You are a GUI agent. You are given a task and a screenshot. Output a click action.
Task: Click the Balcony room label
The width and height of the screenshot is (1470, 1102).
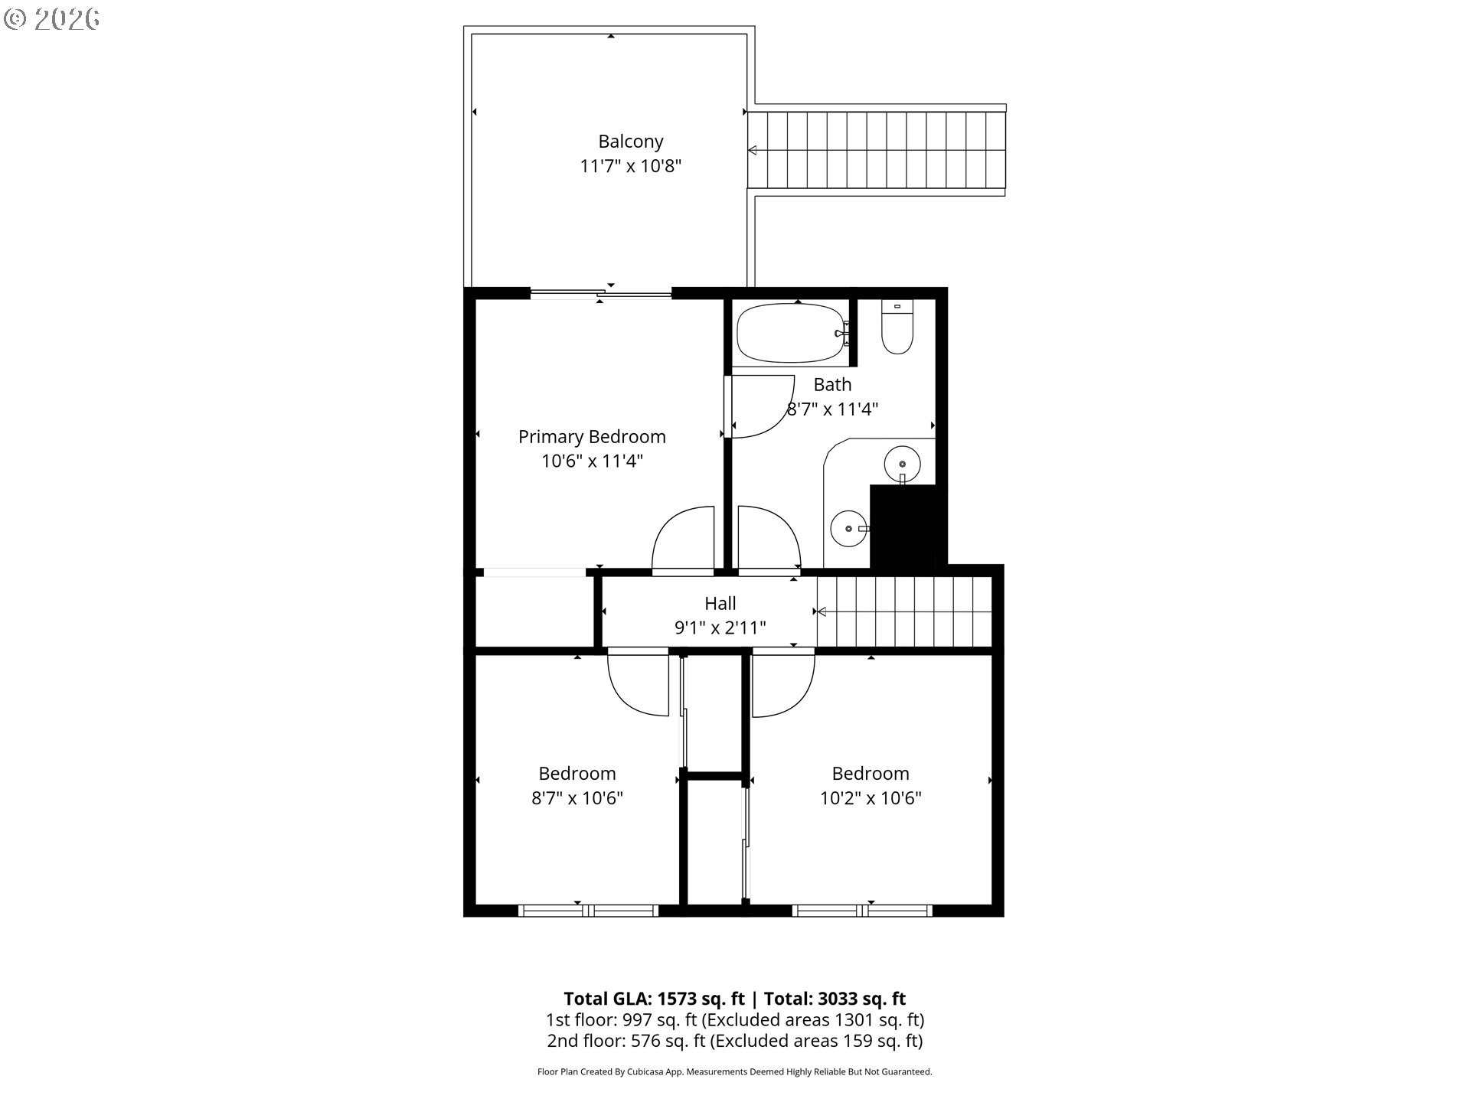click(x=630, y=142)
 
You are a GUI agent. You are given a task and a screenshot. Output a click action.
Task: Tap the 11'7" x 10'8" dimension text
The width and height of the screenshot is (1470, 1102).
click(x=630, y=166)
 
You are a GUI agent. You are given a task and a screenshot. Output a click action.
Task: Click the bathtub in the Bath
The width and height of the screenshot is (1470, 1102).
click(x=792, y=334)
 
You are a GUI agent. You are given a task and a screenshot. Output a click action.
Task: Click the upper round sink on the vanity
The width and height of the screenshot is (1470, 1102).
click(x=903, y=464)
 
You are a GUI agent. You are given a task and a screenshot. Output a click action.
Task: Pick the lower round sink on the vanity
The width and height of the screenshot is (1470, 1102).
click(x=848, y=529)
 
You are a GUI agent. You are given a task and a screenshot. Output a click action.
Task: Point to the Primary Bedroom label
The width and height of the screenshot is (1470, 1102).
click(x=592, y=437)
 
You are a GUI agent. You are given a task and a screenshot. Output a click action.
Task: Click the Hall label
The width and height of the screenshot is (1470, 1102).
click(x=720, y=603)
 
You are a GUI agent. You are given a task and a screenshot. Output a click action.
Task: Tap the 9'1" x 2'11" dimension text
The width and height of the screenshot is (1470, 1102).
click(x=720, y=628)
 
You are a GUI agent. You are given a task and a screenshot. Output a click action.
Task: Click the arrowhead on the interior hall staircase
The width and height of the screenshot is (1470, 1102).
click(x=822, y=611)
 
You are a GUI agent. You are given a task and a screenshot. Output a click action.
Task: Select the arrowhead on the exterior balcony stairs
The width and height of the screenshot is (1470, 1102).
click(x=753, y=150)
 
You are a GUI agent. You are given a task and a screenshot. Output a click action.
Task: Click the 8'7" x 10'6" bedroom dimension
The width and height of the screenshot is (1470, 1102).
click(x=577, y=798)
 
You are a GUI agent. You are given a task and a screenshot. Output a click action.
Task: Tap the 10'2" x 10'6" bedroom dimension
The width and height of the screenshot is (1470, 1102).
click(x=871, y=798)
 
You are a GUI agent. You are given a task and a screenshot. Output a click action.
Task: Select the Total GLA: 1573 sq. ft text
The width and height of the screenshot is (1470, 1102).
click(x=654, y=999)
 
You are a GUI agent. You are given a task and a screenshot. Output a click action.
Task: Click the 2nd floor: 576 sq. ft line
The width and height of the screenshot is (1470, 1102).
click(x=734, y=1041)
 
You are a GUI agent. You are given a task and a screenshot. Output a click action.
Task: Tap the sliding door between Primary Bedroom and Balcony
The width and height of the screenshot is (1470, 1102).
click(x=601, y=292)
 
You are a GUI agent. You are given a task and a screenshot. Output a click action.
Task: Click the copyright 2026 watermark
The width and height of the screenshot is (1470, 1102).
click(x=52, y=19)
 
